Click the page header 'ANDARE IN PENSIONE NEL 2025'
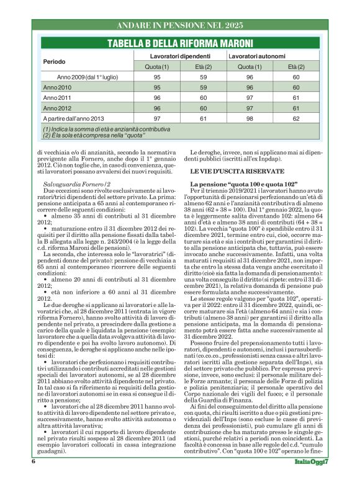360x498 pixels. pos(180,26)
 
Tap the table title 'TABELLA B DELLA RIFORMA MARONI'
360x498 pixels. pos(180,43)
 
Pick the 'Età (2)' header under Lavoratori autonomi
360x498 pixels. pos(296,66)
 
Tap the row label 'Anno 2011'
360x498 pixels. pos(57,98)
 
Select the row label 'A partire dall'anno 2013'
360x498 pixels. pos(73,118)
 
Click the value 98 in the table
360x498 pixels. pos(249,118)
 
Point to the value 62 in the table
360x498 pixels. pos(296,118)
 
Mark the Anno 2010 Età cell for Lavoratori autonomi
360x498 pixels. pos(296,87)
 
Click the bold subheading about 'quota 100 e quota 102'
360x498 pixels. pos(237,185)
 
